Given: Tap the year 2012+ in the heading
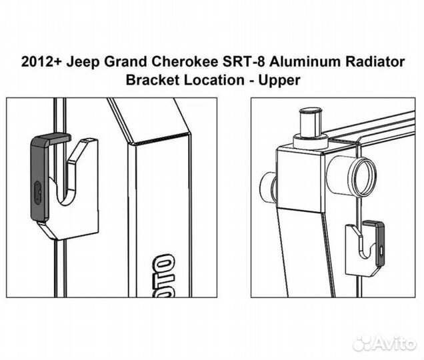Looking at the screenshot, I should click(43, 63).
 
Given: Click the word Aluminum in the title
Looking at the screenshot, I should click(313, 63).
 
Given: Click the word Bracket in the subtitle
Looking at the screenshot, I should click(150, 80).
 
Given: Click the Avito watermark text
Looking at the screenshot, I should click(393, 343).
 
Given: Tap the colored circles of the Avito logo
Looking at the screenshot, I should click(361, 343).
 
